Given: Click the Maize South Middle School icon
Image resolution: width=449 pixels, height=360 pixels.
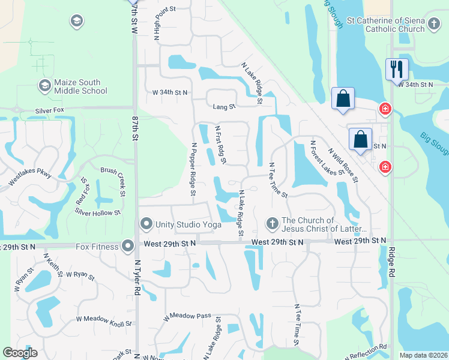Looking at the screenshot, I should pyautogui.click(x=44, y=86).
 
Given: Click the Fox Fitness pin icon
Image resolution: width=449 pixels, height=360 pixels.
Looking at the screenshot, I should pyautogui.click(x=127, y=246).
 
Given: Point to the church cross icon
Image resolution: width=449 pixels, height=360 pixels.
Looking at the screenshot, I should pyautogui.click(x=272, y=224).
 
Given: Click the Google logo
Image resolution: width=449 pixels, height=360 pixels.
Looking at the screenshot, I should pyautogui.click(x=20, y=353).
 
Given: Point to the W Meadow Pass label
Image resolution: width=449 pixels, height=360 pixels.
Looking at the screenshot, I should pyautogui.click(x=187, y=316).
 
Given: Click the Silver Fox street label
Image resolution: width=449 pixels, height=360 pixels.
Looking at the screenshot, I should pyautogui.click(x=50, y=111).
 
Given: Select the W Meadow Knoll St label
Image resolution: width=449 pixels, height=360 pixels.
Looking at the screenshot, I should pyautogui.click(x=104, y=323).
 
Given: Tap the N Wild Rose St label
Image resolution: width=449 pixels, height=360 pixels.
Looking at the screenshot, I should pyautogui.click(x=343, y=166).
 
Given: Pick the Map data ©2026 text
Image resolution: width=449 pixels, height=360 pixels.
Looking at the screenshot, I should pyautogui.click(x=423, y=355).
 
